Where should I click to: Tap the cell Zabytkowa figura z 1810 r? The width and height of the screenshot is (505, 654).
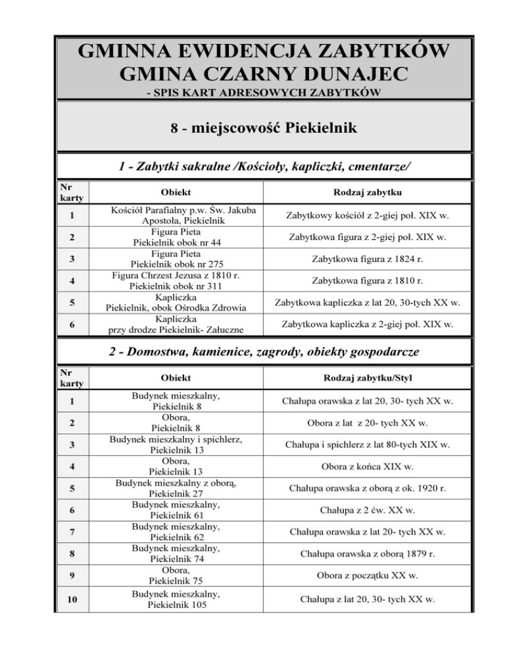[x=367, y=281]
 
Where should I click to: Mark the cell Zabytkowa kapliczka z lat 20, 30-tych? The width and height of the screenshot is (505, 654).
[x=367, y=303]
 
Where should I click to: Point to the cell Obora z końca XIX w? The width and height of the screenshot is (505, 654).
[x=367, y=467]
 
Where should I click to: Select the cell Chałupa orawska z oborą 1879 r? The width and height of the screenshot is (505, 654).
[x=367, y=554]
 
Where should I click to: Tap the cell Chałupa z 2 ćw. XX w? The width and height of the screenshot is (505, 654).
[x=367, y=510]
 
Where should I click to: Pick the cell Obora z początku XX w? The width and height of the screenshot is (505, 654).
[x=367, y=575]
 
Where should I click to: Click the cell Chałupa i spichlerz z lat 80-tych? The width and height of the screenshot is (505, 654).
[x=367, y=445]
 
